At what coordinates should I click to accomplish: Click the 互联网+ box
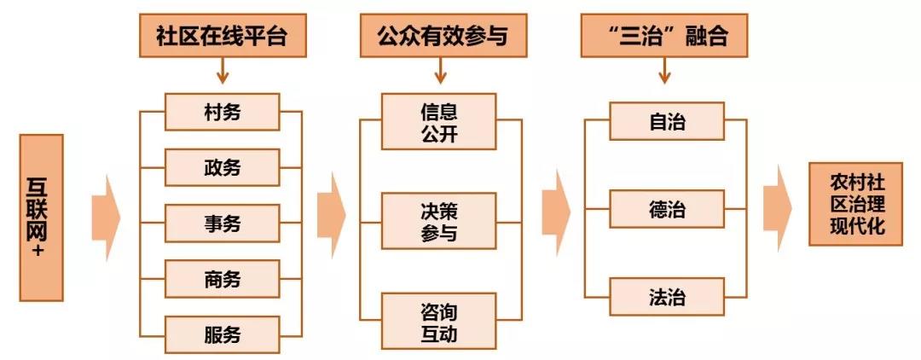pos(41,218)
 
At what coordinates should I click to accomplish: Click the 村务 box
pos(222,112)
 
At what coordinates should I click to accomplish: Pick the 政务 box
pos(222,167)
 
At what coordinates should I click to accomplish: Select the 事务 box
pos(222,224)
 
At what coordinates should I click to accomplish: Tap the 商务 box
pos(222,279)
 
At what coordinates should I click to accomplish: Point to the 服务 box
pos(222,334)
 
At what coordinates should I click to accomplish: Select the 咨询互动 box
pos(438,320)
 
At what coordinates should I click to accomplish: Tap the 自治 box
pos(667,121)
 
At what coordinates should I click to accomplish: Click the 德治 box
pos(667,210)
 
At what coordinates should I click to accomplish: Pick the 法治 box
pos(667,298)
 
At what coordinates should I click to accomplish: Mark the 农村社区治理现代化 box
pos(858,205)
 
